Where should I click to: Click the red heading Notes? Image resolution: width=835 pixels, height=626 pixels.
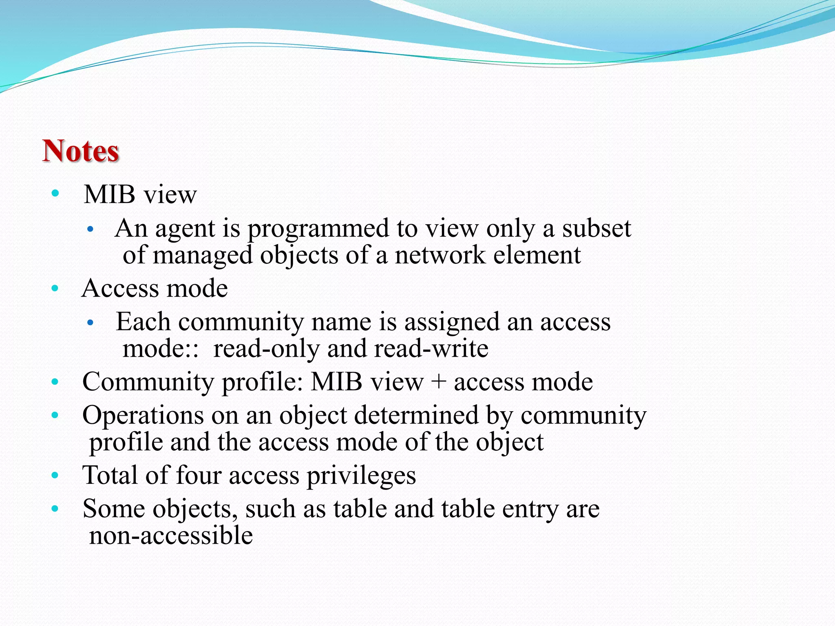click(81, 151)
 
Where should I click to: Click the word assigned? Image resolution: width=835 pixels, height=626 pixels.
click(452, 322)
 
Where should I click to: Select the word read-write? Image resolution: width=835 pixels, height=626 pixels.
click(431, 349)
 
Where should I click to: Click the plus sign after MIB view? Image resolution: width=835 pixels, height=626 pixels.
click(439, 382)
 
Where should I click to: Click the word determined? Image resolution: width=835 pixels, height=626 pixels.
click(416, 416)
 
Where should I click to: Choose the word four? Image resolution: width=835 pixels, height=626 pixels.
click(199, 475)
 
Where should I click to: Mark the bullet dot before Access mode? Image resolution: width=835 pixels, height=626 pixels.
click(55, 289)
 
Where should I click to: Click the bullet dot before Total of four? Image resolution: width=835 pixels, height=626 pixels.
click(55, 475)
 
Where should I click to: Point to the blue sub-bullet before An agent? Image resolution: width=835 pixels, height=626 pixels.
click(91, 229)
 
